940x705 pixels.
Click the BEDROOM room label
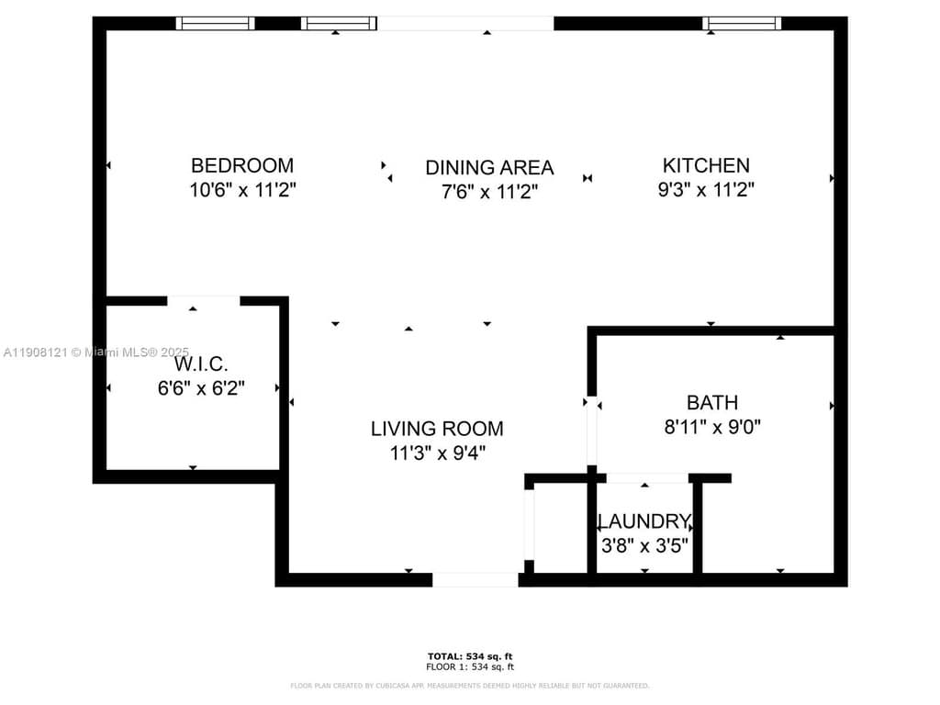tap(242, 165)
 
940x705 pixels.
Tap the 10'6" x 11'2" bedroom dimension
tap(242, 190)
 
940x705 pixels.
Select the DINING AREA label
tap(489, 167)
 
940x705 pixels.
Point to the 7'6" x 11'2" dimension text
tap(489, 192)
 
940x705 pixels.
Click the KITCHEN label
tap(706, 165)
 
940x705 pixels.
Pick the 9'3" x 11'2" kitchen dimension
tap(706, 190)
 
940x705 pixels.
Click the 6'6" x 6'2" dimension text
tap(201, 388)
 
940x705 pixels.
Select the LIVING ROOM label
tap(437, 428)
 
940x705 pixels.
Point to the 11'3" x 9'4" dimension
tap(437, 453)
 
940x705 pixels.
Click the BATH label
tap(712, 402)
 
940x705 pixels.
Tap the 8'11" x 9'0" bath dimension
tap(712, 427)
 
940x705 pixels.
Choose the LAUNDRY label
tap(644, 521)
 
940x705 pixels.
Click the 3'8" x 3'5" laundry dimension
tap(644, 544)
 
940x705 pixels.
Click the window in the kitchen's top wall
tap(742, 23)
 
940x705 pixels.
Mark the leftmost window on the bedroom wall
tap(215, 23)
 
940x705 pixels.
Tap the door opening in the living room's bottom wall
tap(476, 580)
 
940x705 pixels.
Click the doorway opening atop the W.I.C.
tap(203, 300)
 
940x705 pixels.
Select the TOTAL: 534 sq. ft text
tap(470, 655)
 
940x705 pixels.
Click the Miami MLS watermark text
tap(95, 352)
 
